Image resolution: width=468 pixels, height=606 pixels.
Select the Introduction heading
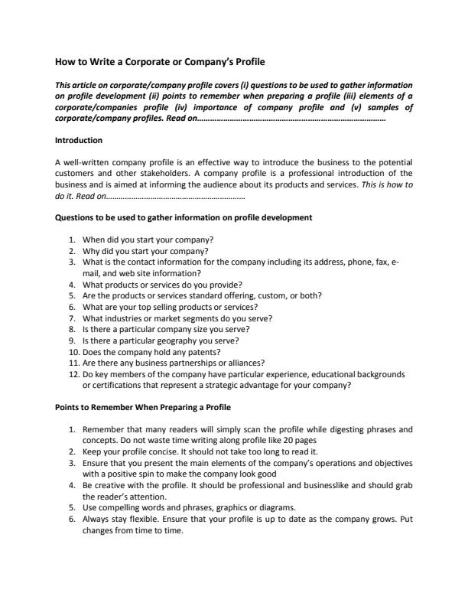[x=79, y=141]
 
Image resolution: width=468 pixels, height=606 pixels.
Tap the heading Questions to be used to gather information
[x=184, y=217]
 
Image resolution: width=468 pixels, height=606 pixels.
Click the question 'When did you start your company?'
[x=148, y=239]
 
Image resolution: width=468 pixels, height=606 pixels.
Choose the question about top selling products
[x=168, y=306]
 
